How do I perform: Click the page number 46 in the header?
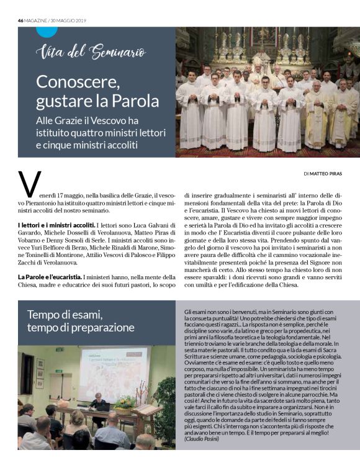tap(20, 20)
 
